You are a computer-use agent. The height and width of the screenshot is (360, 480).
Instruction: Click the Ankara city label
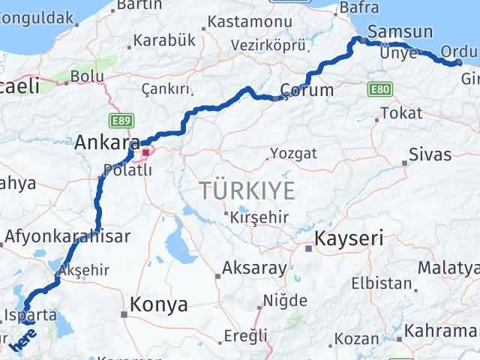[107, 141]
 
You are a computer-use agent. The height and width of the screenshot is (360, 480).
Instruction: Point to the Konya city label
[159, 304]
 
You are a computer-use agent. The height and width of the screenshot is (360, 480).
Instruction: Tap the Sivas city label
[430, 154]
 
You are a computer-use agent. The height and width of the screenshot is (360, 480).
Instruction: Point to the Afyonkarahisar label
[67, 237]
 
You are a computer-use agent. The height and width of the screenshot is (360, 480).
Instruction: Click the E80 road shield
[380, 89]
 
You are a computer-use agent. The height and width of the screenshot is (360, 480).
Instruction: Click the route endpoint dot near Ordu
[459, 62]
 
